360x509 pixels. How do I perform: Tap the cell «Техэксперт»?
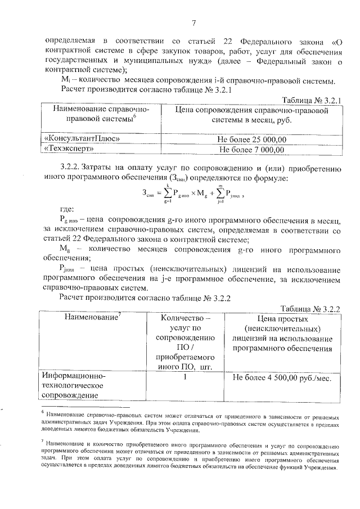[x=68, y=150]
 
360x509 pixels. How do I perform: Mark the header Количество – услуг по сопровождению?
[x=185, y=343]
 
